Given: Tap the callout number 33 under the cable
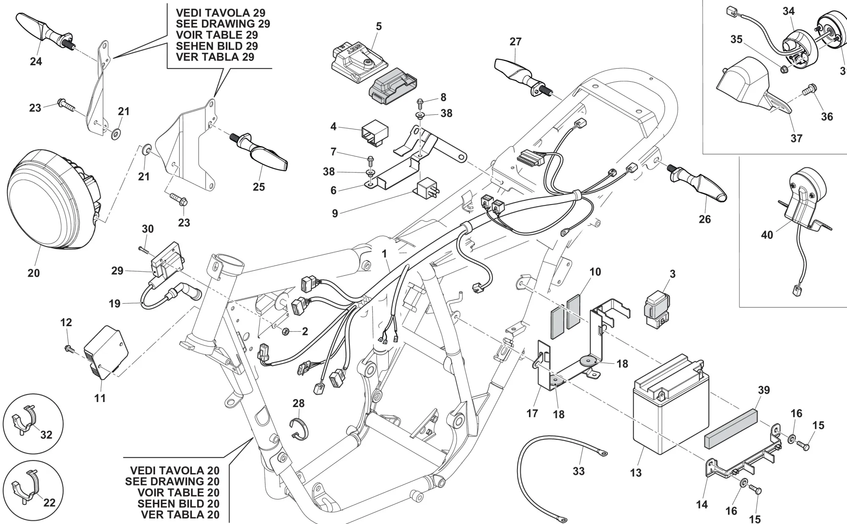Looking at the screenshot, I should [x=579, y=471].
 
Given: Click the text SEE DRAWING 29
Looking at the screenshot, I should [x=223, y=24].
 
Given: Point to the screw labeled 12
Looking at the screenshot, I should [x=68, y=349].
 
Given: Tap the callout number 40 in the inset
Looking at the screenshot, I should [x=767, y=235].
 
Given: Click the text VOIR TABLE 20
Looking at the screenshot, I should [x=178, y=493].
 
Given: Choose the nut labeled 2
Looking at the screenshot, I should [x=286, y=331].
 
